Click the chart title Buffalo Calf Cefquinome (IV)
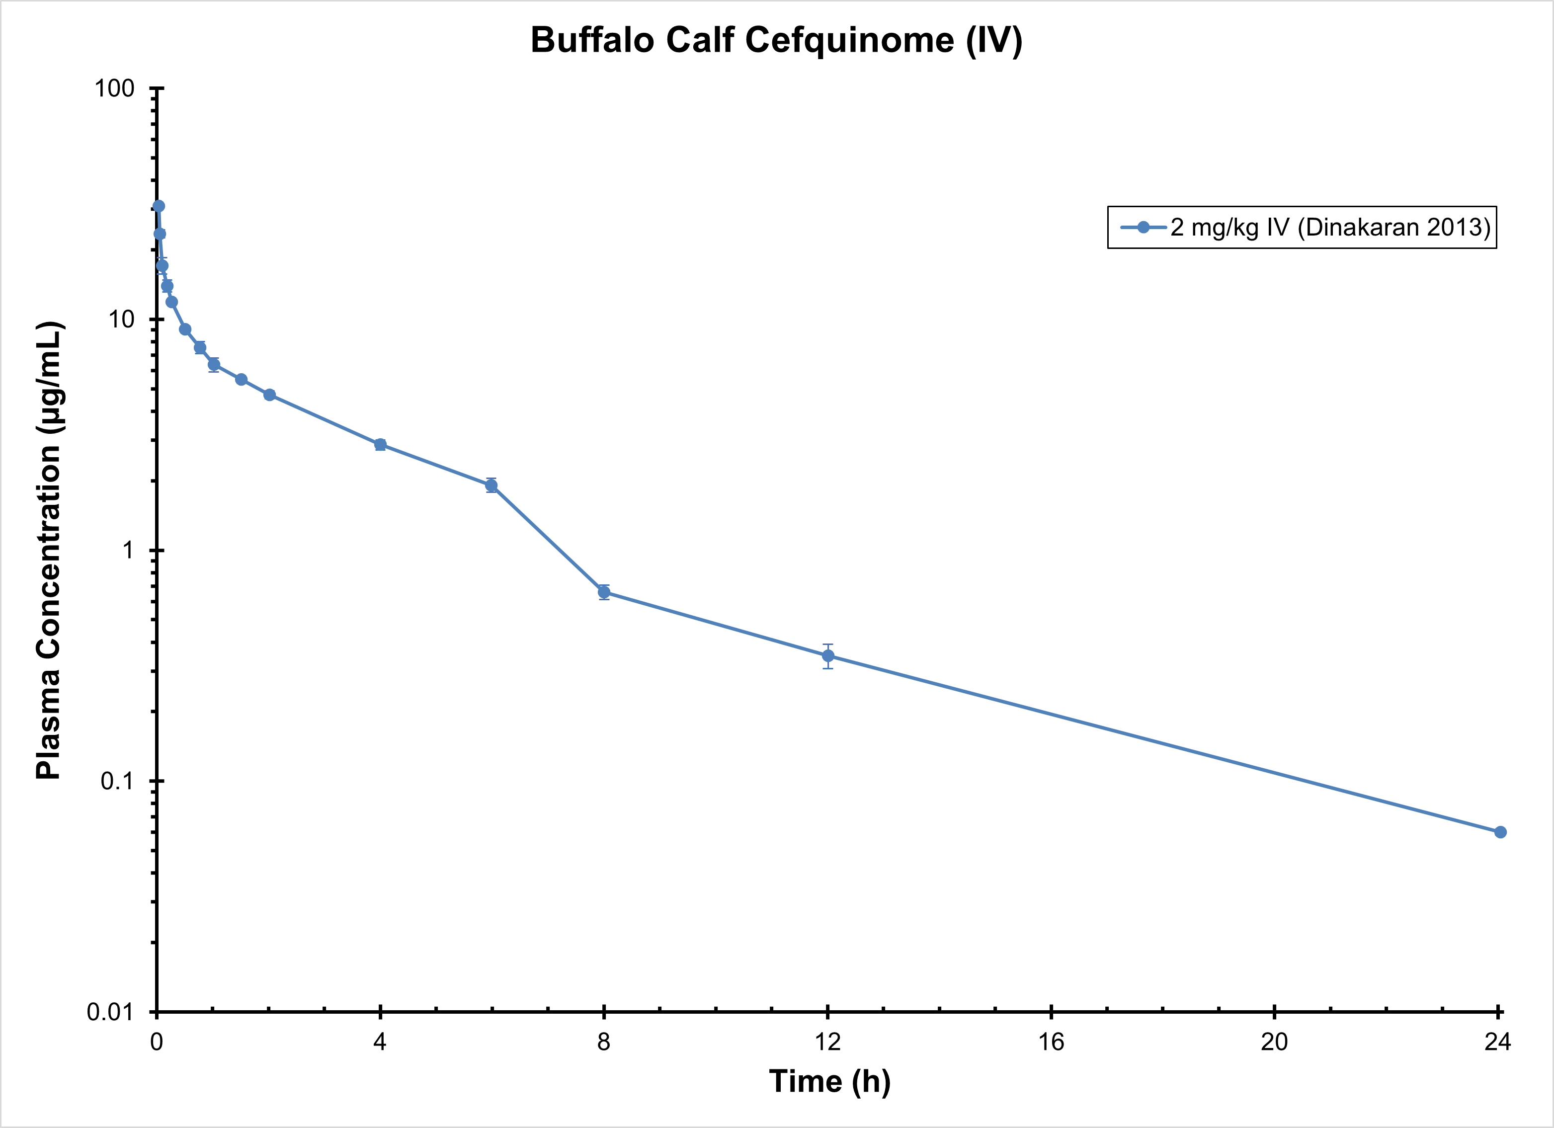(x=776, y=40)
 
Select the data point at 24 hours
(x=1500, y=832)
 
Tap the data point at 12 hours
(x=828, y=656)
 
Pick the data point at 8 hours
(x=604, y=592)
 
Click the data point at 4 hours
(x=380, y=445)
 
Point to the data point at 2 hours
(x=269, y=395)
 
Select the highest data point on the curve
(x=158, y=206)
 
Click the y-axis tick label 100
(x=114, y=88)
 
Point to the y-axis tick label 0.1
(x=116, y=781)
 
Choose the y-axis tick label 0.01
(x=110, y=1012)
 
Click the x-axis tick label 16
(x=1051, y=1043)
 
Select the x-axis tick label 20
(x=1274, y=1043)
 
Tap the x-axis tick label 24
(x=1498, y=1043)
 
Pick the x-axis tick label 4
(x=380, y=1043)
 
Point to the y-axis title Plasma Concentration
(x=49, y=550)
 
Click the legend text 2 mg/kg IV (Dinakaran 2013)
(x=1330, y=227)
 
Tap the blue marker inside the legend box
(x=1144, y=227)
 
